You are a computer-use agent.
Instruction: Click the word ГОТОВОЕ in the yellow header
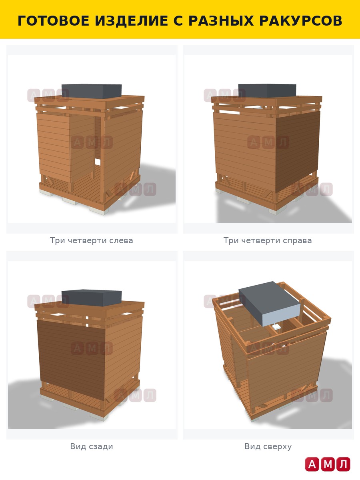coord(53,21)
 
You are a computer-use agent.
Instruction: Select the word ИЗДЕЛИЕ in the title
coord(131,21)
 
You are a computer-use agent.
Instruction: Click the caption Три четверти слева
coord(91,240)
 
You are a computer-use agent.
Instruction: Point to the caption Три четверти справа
coord(268,240)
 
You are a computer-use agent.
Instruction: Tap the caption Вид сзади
coord(91,446)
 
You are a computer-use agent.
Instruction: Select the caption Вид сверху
coord(268,446)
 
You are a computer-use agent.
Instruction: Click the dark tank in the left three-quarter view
coord(92,91)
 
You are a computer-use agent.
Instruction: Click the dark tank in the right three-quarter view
coord(267,91)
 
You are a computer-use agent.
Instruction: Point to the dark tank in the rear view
coord(92,298)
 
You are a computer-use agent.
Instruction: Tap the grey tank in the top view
coord(270,304)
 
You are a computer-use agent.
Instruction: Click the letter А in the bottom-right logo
coord(312,464)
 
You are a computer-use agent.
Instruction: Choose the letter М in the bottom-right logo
coord(328,464)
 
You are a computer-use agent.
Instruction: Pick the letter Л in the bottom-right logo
coord(343,464)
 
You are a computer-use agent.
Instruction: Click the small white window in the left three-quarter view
coord(98,162)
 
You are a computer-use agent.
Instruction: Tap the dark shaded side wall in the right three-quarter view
coord(298,151)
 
